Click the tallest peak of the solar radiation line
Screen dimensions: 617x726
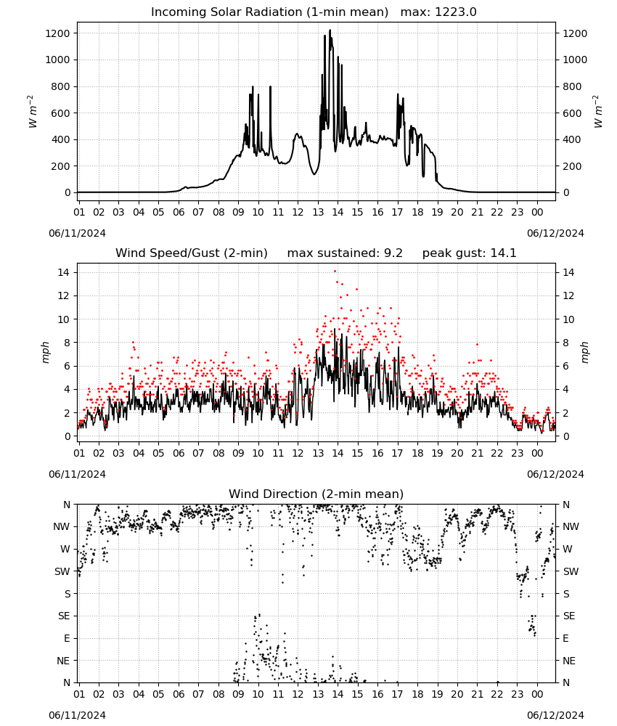(330, 30)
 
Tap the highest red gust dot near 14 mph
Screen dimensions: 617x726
(335, 272)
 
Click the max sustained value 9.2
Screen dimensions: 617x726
(393, 253)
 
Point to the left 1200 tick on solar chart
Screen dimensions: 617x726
(57, 33)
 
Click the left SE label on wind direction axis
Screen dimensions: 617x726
(64, 616)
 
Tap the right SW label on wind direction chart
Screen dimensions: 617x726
(571, 571)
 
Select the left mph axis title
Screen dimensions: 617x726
(45, 352)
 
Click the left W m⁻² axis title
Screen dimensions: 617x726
(32, 112)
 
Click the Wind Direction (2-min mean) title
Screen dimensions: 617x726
(316, 494)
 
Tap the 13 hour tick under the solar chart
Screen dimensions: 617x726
(318, 212)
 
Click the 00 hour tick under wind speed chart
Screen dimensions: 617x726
(537, 453)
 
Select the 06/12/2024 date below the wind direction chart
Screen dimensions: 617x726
(555, 715)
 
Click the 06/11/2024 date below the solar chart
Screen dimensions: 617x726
(77, 233)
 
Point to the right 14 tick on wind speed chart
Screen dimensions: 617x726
(568, 272)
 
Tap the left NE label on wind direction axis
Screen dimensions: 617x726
(63, 661)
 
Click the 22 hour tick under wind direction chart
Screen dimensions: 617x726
(497, 694)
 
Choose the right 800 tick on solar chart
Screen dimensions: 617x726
(572, 86)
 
